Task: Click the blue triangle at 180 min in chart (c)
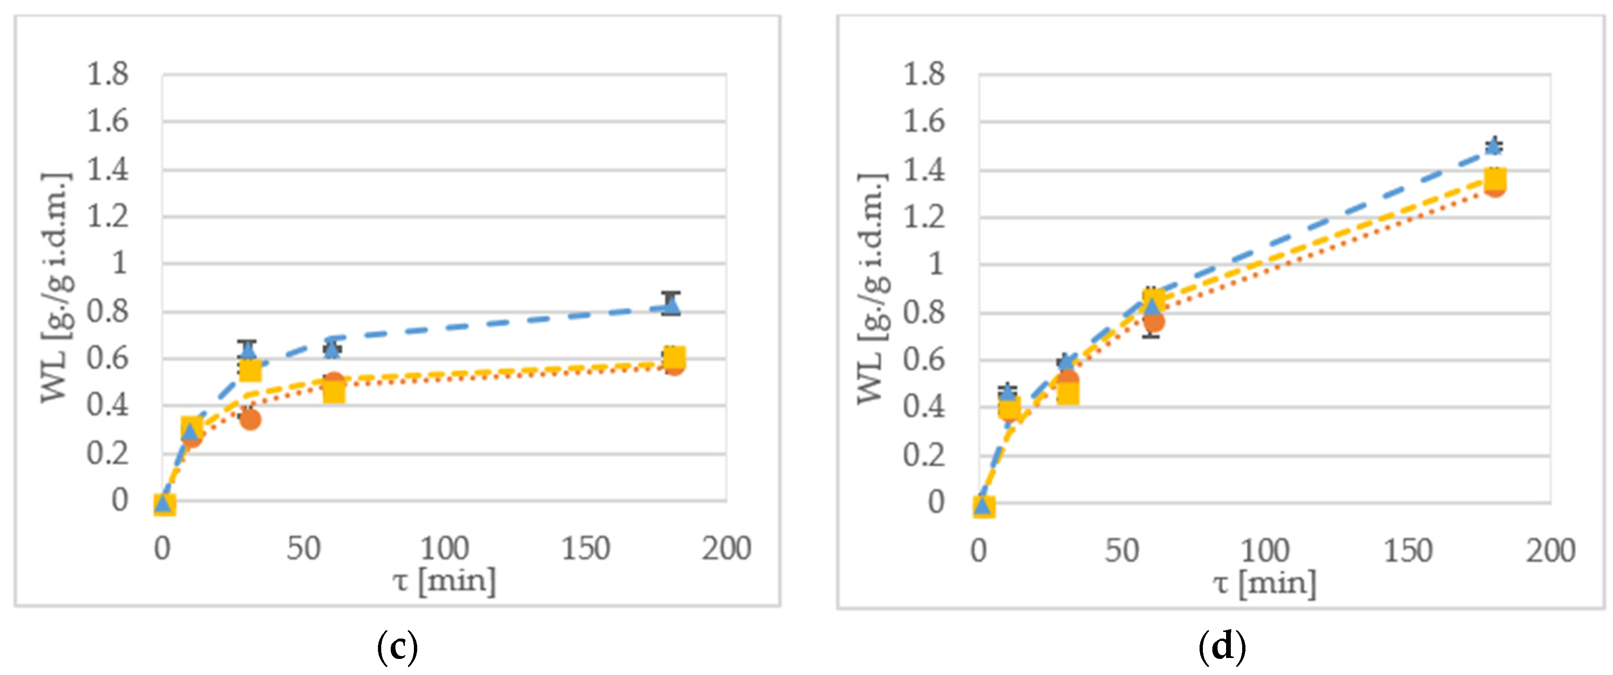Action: [x=671, y=306]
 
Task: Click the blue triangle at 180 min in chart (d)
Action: [x=1494, y=147]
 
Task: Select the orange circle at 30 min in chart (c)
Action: [x=250, y=419]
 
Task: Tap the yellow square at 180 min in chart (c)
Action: [x=674, y=358]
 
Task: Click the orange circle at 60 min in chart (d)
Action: [x=1153, y=322]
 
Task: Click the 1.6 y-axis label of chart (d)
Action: [x=924, y=122]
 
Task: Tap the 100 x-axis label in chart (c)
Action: [x=444, y=549]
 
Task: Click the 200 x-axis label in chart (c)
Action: [x=726, y=549]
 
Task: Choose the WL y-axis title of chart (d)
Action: [x=872, y=288]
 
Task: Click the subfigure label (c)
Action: [x=397, y=647]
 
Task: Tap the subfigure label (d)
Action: [x=1221, y=647]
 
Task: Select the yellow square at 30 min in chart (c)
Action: [x=250, y=370]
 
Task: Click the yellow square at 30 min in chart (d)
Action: [x=1068, y=393]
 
